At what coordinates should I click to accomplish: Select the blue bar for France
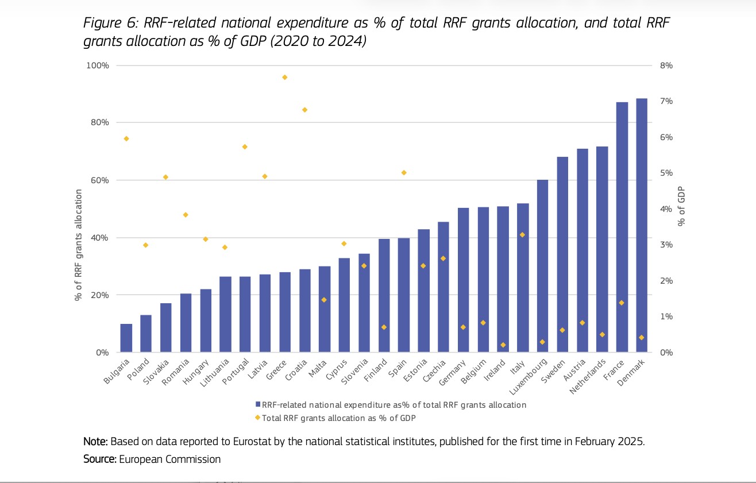pyautogui.click(x=622, y=227)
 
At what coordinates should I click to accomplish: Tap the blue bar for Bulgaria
pyautogui.click(x=126, y=338)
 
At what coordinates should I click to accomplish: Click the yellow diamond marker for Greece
pyautogui.click(x=284, y=77)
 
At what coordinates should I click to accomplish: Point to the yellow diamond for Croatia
pyautogui.click(x=304, y=110)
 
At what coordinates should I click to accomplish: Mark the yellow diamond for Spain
pyautogui.click(x=404, y=172)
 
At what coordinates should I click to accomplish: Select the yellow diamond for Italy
pyautogui.click(x=522, y=234)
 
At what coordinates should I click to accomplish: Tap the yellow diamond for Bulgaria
pyautogui.click(x=126, y=138)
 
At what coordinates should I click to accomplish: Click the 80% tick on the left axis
pyautogui.click(x=98, y=122)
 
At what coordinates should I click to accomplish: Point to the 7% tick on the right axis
pyautogui.click(x=666, y=102)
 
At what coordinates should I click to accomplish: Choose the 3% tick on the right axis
pyautogui.click(x=666, y=245)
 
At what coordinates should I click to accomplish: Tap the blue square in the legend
pyautogui.click(x=258, y=405)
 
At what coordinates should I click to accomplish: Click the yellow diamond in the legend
pyautogui.click(x=258, y=418)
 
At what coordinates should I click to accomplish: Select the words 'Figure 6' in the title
pyautogui.click(x=110, y=23)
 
